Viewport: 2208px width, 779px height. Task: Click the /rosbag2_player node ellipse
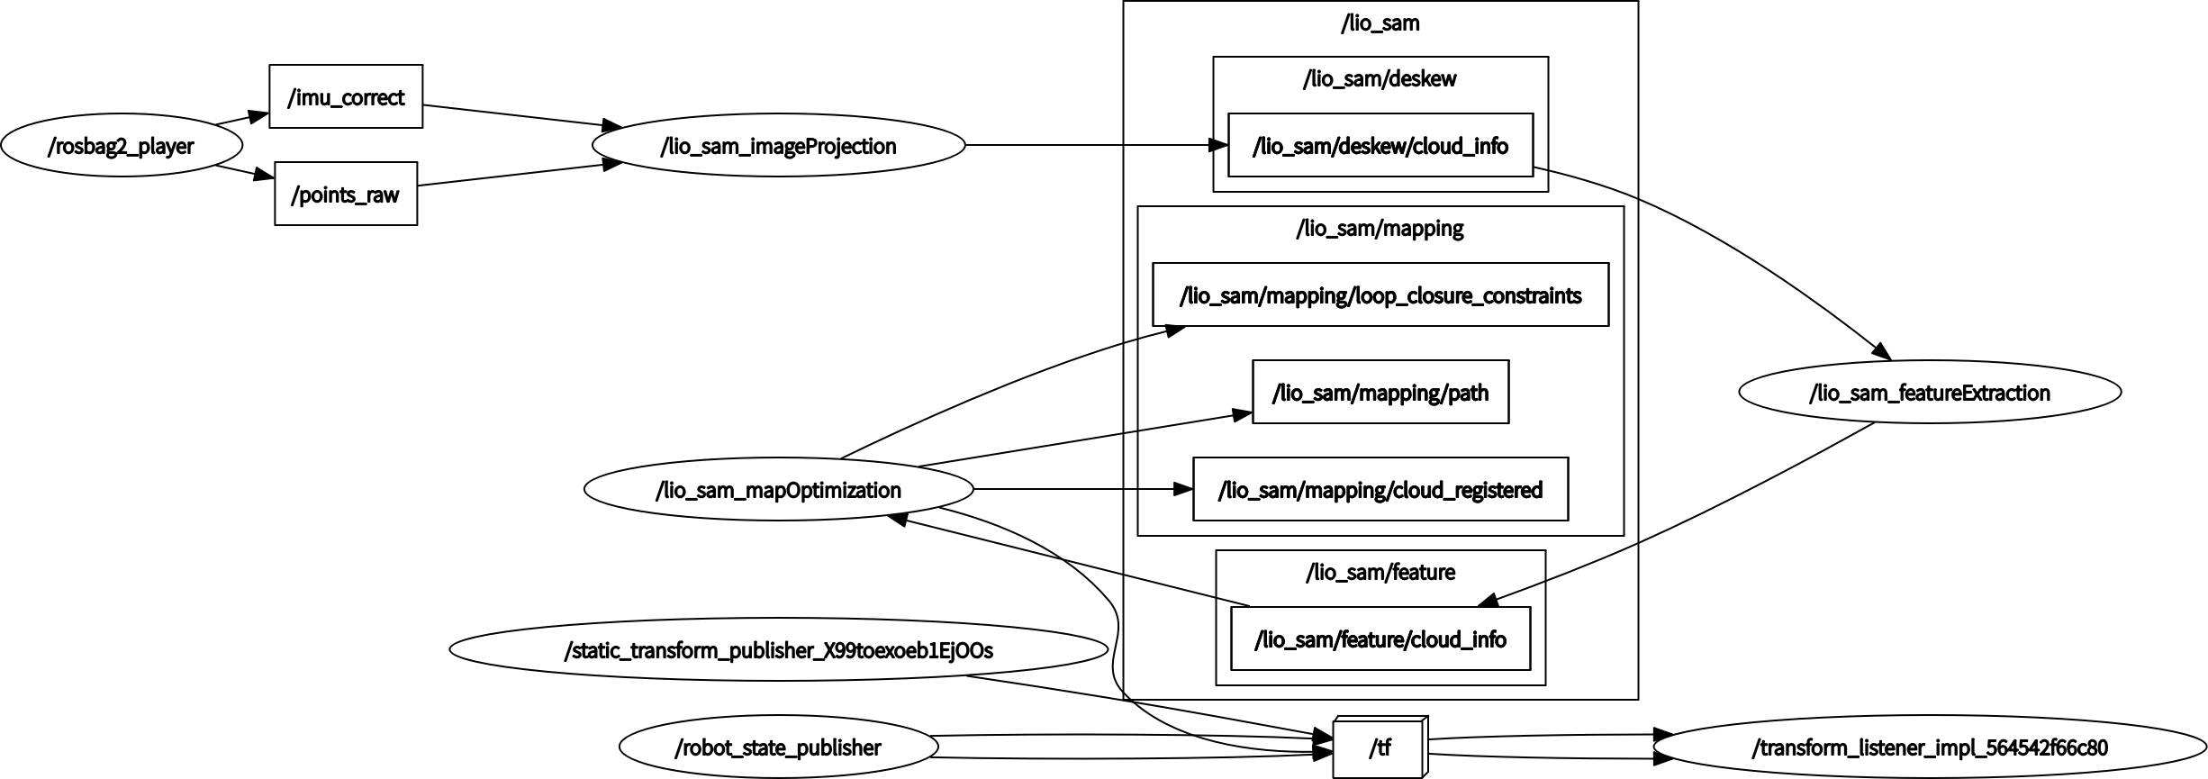tap(122, 145)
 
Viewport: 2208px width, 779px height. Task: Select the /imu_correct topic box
tap(346, 96)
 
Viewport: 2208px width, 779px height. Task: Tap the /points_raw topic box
tap(346, 194)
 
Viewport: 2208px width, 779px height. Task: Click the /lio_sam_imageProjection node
tap(778, 145)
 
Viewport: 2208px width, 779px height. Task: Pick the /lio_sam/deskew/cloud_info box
tap(1380, 145)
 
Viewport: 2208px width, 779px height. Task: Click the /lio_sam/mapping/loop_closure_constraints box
tap(1380, 294)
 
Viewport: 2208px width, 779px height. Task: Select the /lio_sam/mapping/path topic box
tap(1380, 392)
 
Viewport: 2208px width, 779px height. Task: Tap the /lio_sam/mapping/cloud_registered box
tap(1380, 489)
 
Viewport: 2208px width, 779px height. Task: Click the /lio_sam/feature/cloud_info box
tap(1380, 639)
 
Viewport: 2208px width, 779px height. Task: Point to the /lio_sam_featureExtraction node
tap(1929, 392)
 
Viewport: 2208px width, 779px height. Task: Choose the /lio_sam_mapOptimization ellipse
tap(778, 489)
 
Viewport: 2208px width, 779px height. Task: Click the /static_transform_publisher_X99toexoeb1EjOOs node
tap(778, 649)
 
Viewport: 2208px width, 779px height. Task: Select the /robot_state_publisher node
tap(778, 747)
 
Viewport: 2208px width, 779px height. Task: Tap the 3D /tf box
tap(1379, 747)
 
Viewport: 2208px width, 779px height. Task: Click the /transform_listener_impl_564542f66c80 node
tap(1929, 747)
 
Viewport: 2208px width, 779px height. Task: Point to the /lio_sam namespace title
tap(1380, 23)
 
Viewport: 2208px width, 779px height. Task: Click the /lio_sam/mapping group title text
tap(1380, 228)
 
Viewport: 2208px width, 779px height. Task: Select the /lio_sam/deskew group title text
tap(1380, 78)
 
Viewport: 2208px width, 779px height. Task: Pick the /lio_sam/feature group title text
tap(1380, 572)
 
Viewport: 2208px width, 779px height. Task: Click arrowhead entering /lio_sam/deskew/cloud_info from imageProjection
tap(1218, 145)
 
